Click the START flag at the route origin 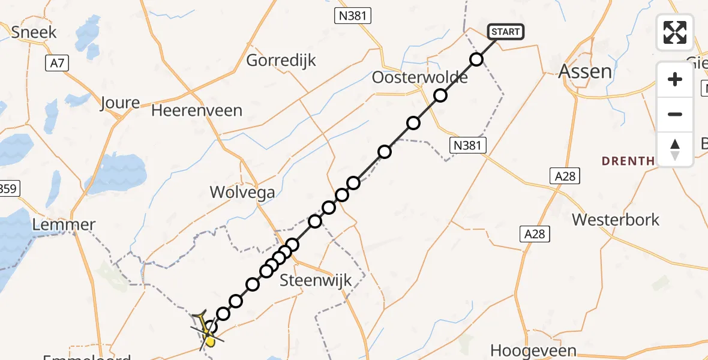tap(506, 32)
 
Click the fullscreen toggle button tap(675, 32)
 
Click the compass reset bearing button tap(675, 149)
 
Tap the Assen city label tap(585, 71)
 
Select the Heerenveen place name tap(197, 110)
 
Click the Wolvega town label tap(242, 192)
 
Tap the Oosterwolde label tap(411, 77)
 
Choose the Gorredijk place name tap(281, 61)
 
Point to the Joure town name tap(120, 102)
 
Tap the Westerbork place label tap(616, 220)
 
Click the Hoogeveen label tap(533, 350)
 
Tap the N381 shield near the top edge tap(352, 16)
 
